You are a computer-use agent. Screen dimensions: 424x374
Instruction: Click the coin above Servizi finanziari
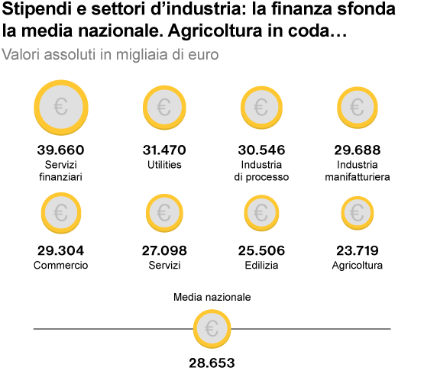(61, 108)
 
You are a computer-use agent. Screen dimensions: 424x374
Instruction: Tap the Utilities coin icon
(164, 108)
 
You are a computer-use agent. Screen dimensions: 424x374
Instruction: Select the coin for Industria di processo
(261, 108)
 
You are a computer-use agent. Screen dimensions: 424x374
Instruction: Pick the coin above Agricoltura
(358, 213)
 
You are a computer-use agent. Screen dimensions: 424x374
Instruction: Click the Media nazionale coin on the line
(212, 329)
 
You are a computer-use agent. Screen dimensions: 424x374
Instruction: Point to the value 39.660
(61, 150)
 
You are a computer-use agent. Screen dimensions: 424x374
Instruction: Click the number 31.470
(164, 150)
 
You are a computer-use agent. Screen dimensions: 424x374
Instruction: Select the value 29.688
(358, 150)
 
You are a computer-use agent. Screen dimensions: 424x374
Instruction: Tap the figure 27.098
(164, 250)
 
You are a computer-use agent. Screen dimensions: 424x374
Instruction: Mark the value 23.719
(358, 250)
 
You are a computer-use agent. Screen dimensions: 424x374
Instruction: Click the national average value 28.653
(212, 363)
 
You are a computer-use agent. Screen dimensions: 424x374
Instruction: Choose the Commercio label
(61, 266)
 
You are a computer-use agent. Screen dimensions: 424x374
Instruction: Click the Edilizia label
(261, 266)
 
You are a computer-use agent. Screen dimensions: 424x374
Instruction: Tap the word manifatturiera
(358, 177)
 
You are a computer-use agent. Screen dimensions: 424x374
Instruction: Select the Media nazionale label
(212, 297)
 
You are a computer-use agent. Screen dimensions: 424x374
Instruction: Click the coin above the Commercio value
(61, 213)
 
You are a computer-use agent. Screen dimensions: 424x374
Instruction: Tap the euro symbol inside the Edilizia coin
(261, 213)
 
